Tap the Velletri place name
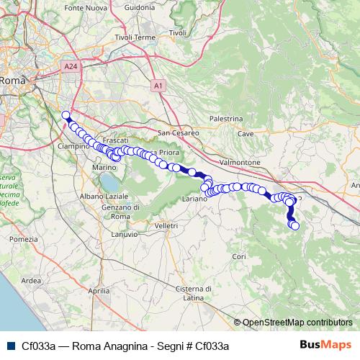(x=166, y=225)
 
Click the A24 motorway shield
(x=70, y=66)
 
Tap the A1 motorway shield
(x=158, y=85)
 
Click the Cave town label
(x=246, y=133)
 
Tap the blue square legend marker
(x=8, y=345)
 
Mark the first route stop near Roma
(x=66, y=115)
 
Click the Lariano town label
(x=194, y=197)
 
